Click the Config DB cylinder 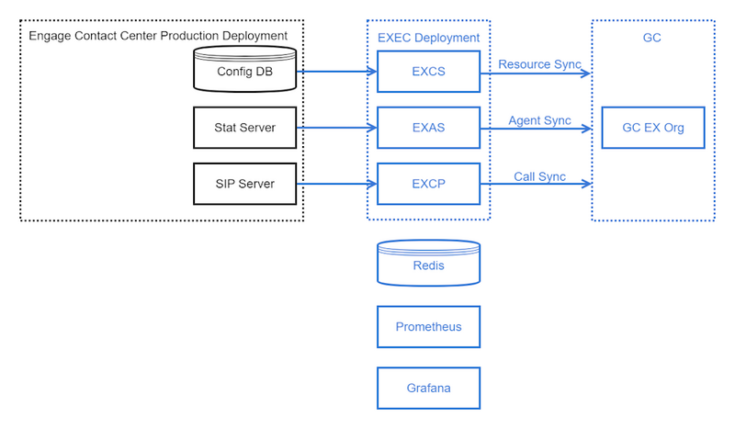247,71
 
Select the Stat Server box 247,128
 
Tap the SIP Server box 247,184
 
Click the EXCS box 428,71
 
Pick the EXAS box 428,128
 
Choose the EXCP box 428,184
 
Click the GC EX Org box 653,128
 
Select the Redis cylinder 428,265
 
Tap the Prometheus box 428,327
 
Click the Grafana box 428,388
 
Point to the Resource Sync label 539,64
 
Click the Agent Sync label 539,120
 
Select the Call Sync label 539,176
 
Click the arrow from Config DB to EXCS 339,71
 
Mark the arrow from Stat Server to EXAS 339,128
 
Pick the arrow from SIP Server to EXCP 339,184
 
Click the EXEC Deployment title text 428,38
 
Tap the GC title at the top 652,38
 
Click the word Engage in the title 50,36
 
